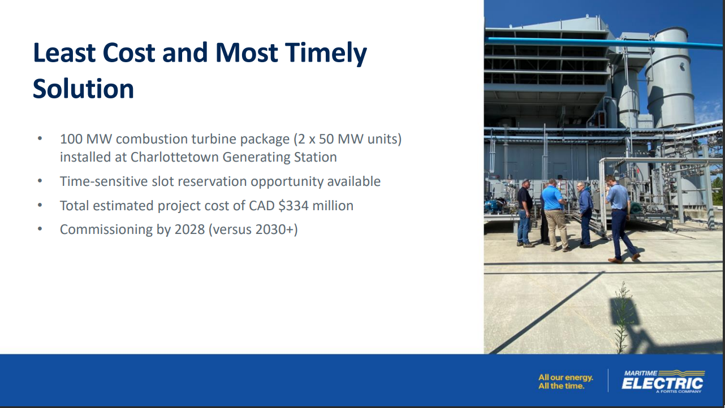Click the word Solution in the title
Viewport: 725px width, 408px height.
[83, 89]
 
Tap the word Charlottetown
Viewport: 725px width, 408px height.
[174, 157]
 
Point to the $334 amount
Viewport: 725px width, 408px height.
[294, 206]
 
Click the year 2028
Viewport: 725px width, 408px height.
[189, 229]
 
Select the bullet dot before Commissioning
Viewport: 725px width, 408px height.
[40, 229]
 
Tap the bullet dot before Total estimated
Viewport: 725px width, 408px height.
[40, 205]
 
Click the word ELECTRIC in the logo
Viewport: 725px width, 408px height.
[662, 384]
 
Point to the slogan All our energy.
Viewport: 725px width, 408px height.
[566, 377]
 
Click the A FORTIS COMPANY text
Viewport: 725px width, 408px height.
[679, 392]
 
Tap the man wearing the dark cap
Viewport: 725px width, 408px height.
[524, 212]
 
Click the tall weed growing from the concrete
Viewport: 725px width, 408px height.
[622, 318]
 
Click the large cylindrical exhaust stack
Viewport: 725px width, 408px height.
[670, 77]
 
